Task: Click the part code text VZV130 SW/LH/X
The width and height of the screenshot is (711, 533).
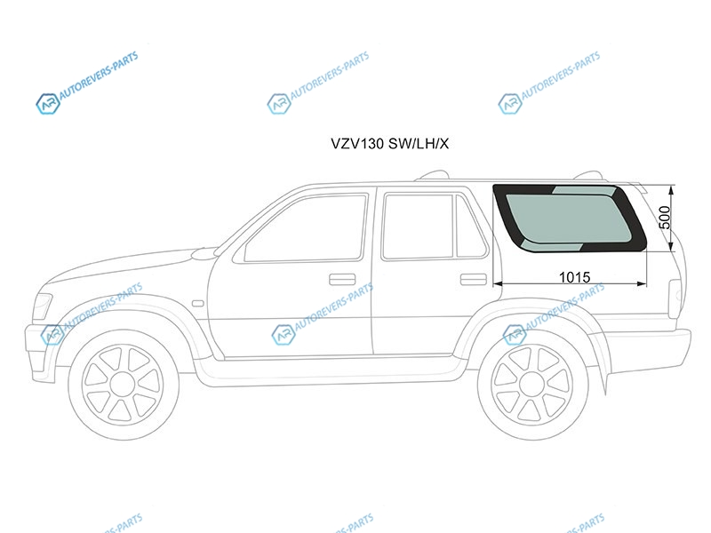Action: [389, 144]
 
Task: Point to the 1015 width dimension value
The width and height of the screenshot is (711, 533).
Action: [574, 277]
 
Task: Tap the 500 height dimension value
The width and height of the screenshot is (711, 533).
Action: [664, 218]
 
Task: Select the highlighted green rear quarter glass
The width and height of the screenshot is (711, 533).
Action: [569, 219]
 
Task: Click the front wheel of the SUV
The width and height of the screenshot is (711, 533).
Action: [124, 386]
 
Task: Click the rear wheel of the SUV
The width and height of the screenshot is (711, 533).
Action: [533, 386]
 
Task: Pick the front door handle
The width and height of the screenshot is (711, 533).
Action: [342, 280]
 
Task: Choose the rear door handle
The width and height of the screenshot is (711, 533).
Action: [474, 280]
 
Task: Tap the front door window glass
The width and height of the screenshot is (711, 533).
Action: [306, 228]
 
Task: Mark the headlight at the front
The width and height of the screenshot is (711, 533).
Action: [43, 305]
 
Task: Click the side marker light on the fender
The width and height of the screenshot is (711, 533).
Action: [198, 303]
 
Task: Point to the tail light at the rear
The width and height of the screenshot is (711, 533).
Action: [675, 298]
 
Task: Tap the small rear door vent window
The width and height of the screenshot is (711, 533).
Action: [471, 226]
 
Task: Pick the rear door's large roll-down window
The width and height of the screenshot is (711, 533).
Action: [418, 226]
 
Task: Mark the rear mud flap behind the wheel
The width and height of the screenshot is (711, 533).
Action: [599, 362]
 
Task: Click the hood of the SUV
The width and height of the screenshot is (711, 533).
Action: [132, 267]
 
